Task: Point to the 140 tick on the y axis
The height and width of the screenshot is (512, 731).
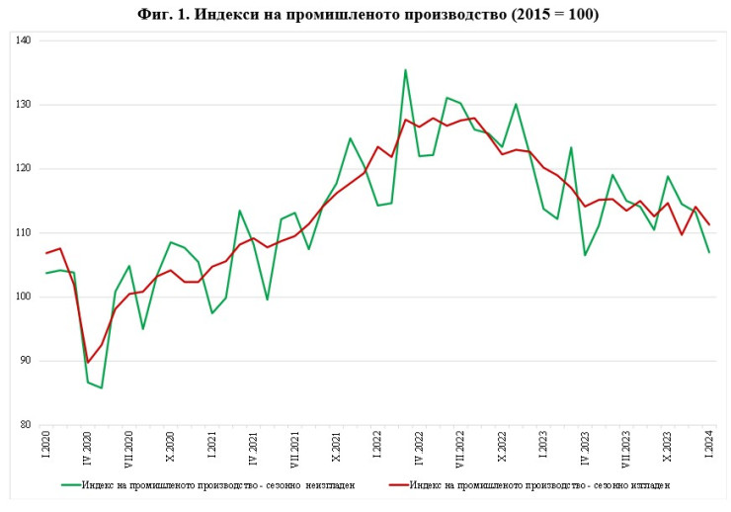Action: click(24, 41)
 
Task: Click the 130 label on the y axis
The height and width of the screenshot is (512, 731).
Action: click(24, 105)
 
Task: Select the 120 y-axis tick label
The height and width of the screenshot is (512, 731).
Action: click(24, 169)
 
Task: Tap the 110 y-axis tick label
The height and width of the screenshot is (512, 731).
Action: click(24, 233)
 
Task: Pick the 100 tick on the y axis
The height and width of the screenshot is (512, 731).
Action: click(24, 297)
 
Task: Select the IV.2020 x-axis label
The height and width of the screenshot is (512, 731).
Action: click(88, 451)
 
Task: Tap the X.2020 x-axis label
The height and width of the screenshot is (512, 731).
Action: click(170, 450)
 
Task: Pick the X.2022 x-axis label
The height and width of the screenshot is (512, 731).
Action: click(502, 450)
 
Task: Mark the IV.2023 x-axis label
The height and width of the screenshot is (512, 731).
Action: click(585, 451)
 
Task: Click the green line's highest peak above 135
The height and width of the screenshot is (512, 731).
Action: click(405, 70)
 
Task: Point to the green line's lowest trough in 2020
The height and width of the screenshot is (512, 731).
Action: click(101, 387)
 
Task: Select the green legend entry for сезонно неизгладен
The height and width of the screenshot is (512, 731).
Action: click(206, 484)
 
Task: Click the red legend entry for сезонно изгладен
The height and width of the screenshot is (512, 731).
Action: click(531, 484)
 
